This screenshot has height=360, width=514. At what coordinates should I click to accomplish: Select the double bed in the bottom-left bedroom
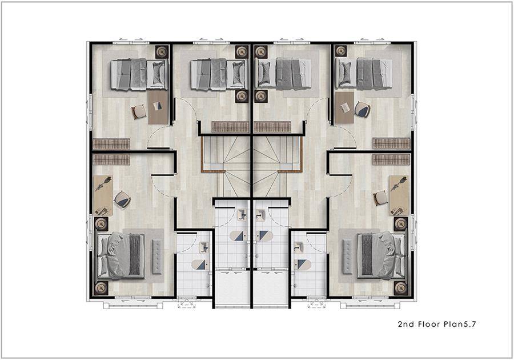click(121, 255)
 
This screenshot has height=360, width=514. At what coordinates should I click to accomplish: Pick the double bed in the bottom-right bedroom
click(381, 255)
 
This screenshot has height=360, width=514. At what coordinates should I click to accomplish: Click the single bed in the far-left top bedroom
click(139, 74)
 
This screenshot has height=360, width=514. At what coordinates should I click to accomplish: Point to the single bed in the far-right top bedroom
click(364, 74)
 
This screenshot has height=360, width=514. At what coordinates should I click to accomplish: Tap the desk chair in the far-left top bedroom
click(139, 112)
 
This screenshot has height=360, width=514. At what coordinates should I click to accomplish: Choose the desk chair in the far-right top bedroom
click(362, 110)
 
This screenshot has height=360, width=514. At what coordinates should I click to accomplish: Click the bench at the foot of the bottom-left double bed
click(156, 257)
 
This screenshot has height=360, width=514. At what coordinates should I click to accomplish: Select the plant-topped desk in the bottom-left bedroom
click(103, 196)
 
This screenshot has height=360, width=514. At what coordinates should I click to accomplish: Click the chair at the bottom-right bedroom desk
click(380, 198)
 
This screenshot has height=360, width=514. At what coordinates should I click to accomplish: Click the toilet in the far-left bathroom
click(199, 264)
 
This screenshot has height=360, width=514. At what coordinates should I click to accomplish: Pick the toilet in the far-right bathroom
click(302, 264)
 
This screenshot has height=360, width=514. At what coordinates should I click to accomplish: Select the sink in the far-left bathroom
click(204, 247)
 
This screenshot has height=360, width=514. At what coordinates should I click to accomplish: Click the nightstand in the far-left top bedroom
click(162, 52)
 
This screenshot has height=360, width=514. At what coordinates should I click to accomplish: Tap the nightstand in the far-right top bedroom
click(341, 51)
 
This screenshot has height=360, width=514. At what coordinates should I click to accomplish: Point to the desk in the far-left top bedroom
click(158, 107)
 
